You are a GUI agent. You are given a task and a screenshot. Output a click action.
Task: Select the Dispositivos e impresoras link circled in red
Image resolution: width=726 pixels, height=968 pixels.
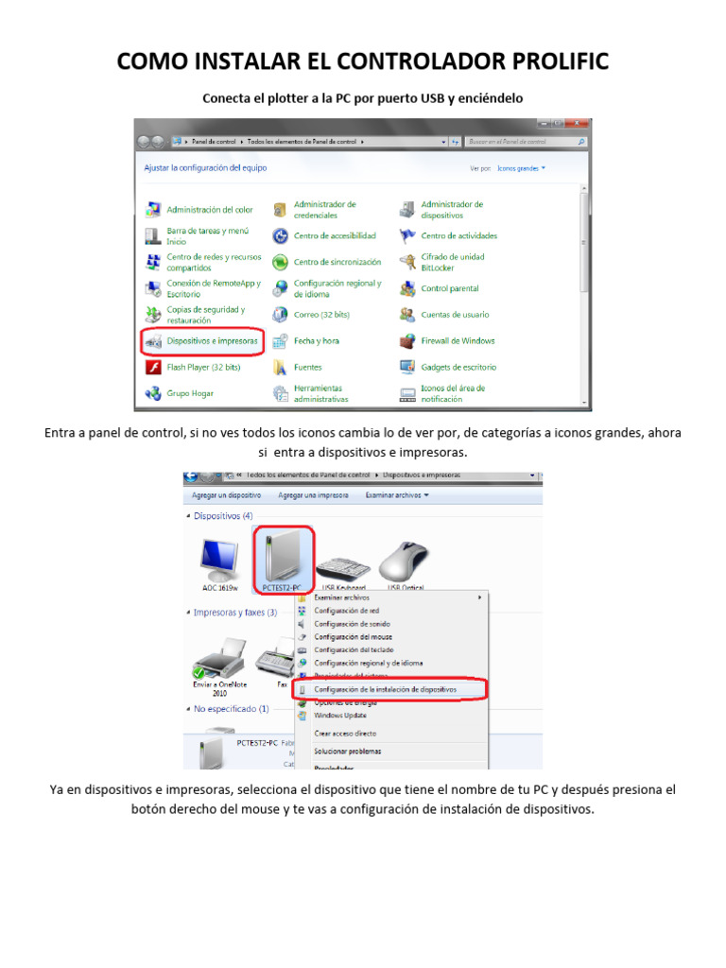tap(212, 340)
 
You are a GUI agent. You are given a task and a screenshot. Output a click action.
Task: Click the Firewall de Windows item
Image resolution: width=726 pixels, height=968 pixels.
tap(458, 340)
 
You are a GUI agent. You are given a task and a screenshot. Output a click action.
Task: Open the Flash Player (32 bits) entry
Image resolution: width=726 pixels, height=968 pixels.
tap(203, 367)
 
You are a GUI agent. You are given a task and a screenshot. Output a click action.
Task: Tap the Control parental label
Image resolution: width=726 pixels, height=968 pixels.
tap(449, 288)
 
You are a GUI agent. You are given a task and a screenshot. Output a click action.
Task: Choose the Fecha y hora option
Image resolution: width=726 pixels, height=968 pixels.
tap(316, 340)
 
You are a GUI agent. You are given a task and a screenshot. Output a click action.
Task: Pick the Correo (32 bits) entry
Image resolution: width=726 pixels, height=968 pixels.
tap(321, 315)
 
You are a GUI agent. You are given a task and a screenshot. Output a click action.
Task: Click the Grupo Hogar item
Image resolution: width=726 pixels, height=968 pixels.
tap(190, 393)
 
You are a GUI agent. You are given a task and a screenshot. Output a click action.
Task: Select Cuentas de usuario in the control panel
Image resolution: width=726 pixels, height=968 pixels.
tap(455, 315)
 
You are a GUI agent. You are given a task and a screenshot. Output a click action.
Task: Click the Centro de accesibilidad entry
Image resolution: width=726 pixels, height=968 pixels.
tap(334, 235)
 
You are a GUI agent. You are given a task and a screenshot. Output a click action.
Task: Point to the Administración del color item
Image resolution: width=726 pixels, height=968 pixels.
tap(210, 210)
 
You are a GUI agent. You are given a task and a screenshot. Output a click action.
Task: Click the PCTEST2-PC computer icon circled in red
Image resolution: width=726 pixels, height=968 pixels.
tap(284, 557)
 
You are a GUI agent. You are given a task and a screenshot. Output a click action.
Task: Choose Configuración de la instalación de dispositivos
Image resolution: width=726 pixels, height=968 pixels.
tap(385, 690)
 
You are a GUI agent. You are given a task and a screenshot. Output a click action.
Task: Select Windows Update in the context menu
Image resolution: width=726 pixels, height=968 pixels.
tap(341, 715)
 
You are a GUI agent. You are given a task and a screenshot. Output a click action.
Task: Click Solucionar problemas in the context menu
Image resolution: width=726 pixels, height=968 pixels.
tap(347, 752)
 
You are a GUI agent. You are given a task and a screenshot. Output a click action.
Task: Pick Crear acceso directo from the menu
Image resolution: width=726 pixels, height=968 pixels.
tap(345, 733)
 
